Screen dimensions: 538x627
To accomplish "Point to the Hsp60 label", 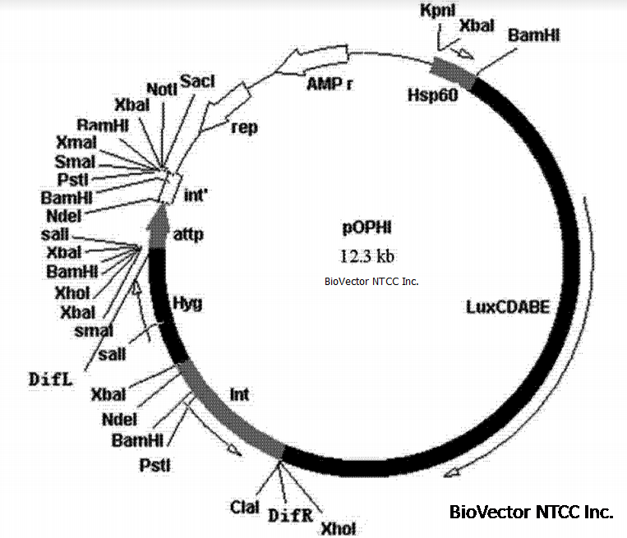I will click(432, 94).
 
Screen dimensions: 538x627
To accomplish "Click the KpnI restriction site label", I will click(435, 11).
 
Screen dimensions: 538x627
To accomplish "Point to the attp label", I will click(188, 234).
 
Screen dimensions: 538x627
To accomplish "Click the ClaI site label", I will click(246, 505).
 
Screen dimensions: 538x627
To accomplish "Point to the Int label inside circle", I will click(239, 395).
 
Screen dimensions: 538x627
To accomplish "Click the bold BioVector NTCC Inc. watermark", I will click(531, 512).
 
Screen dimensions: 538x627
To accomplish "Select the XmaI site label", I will click(76, 143).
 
